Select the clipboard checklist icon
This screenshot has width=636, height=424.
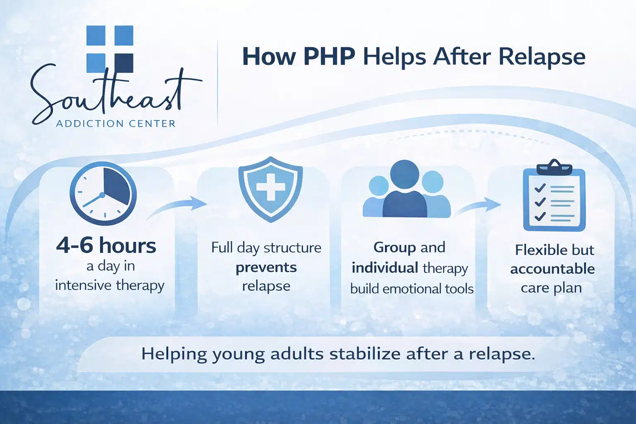pos(554,198)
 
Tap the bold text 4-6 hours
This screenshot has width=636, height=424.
pos(106,246)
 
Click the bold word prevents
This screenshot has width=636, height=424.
pos(266,267)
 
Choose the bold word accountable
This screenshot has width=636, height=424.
pos(552,269)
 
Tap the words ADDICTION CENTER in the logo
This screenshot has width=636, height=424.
pos(116,123)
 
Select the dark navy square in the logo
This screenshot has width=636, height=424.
pos(123,63)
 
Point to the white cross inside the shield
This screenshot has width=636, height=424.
pos(270,187)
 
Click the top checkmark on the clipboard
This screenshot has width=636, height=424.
pos(540,188)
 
